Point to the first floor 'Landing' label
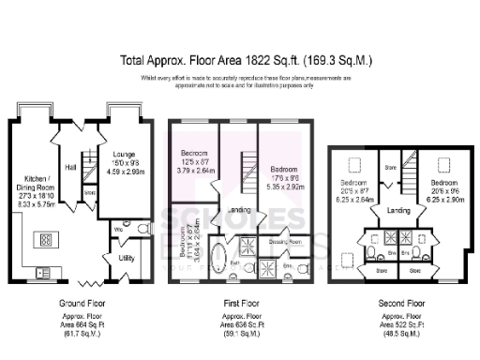[x=239, y=211]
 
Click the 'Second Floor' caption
[x=401, y=303]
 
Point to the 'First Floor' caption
[x=239, y=304]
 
